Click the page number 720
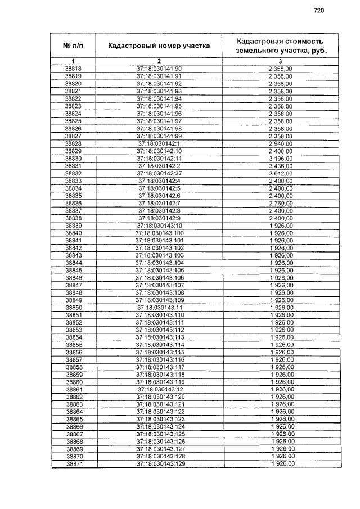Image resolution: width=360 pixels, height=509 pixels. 319,10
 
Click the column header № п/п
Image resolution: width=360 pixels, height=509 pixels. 73,45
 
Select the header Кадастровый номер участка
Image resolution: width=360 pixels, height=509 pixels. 159,46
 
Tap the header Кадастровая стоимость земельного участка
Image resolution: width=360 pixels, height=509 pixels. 280,46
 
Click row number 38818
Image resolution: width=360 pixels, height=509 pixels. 74,69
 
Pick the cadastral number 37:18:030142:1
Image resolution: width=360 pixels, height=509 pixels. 159,143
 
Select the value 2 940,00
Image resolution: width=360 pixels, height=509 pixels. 280,143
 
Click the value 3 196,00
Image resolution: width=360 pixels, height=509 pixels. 280,159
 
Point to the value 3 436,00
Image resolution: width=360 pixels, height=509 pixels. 280,166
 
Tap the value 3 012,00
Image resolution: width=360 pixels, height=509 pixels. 280,173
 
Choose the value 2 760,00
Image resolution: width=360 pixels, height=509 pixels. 280,203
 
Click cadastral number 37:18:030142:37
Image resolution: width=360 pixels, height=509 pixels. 159,173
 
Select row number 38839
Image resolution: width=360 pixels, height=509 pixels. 74,226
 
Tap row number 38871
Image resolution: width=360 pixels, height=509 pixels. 74,464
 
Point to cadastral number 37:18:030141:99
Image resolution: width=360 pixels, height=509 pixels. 159,136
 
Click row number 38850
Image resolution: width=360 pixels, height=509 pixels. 74,308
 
